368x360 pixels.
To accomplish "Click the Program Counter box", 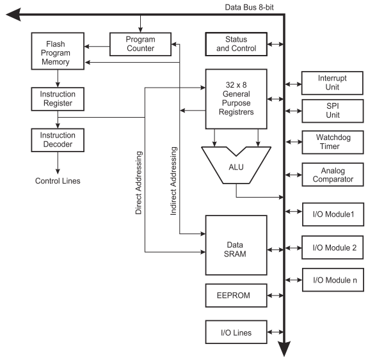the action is point(140,44).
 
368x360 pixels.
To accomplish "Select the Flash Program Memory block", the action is point(58,51).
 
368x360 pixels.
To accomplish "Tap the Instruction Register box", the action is point(58,99).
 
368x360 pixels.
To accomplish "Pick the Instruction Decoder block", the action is point(58,140).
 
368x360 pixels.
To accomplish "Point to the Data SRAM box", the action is point(236,245).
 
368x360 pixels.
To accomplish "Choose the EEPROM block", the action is point(236,295).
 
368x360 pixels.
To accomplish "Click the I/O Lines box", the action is point(236,332).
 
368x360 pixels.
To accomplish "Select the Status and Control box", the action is point(236,44).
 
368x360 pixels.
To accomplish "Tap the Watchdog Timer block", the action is point(333,142).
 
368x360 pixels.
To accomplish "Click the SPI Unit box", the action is point(333,111).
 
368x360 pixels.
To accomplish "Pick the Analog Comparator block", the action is point(333,175).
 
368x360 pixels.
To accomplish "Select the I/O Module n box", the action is point(333,280).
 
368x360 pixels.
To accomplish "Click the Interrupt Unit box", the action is point(332,83).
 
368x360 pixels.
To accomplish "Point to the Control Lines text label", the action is point(58,181).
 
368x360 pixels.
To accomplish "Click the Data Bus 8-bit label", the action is point(249,7).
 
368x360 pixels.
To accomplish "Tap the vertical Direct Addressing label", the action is point(139,183).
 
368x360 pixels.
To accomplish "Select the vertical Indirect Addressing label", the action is point(173,181).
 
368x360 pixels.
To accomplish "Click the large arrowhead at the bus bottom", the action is point(284,348).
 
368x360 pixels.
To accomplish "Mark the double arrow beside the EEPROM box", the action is point(275,295).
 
